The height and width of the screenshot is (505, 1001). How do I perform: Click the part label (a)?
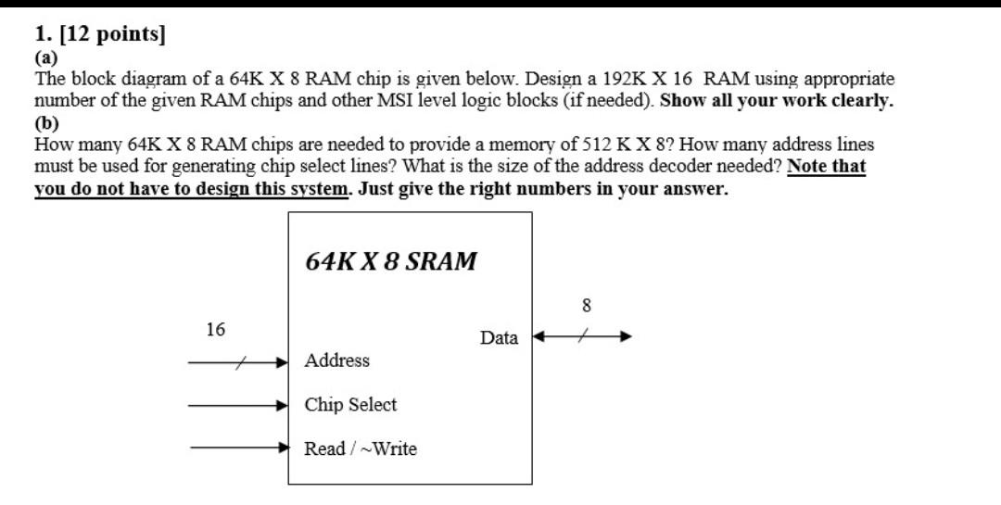(45, 57)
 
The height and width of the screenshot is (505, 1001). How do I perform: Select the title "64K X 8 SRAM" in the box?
(391, 261)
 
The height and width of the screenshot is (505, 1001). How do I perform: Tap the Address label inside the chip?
(337, 360)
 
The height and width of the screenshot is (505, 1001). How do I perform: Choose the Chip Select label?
(350, 405)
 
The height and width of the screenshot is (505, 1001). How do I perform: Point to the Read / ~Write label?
(361, 449)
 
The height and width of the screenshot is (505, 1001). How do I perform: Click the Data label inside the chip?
(499, 338)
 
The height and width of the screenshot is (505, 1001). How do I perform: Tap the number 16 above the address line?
(215, 329)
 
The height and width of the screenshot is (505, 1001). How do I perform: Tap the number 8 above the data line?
(586, 305)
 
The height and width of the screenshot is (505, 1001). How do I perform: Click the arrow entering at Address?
(239, 363)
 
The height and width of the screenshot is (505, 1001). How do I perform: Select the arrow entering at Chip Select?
(239, 405)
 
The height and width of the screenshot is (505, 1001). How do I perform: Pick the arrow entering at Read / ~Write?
(239, 448)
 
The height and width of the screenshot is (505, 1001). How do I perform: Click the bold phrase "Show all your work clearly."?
(777, 101)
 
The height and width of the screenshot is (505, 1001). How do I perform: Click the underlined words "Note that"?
(826, 167)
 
